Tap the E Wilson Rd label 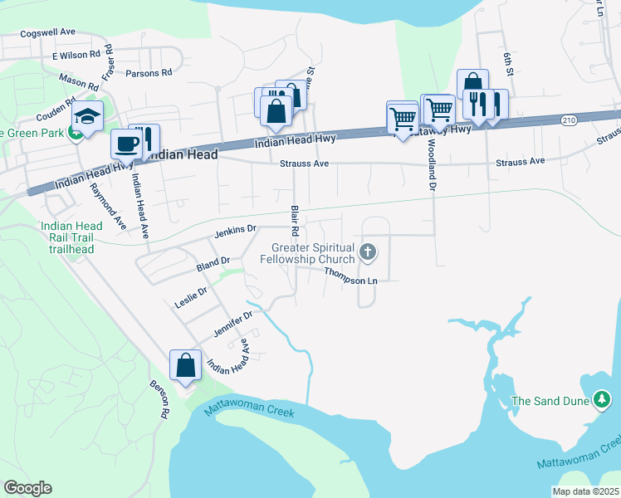pos(76,56)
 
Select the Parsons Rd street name pos(149,73)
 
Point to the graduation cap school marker pos(86,117)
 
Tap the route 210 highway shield pos(568,120)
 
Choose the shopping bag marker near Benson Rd pos(185,365)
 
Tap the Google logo pos(27,487)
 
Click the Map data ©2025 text pos(585,491)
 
